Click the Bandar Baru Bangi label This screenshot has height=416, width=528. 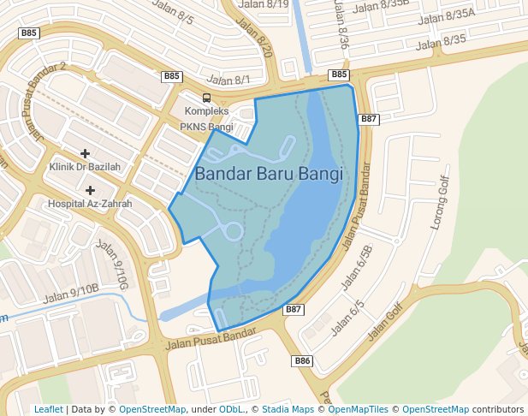pos(269,173)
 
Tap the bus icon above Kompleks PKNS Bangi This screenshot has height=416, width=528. pos(206,98)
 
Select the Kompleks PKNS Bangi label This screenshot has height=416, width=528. pos(206,120)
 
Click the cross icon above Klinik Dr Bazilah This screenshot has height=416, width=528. pos(85,153)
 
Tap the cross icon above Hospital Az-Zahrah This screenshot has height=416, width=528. pos(90,189)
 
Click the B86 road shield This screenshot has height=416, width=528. pos(302,360)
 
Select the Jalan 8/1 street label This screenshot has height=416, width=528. pos(229,80)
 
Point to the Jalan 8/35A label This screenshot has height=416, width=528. pos(448,15)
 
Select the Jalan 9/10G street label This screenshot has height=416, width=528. pos(112,265)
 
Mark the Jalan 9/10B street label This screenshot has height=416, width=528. pos(72,293)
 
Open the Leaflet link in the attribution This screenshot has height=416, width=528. pos(48,409)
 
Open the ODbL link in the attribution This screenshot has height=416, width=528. pos(232,409)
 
